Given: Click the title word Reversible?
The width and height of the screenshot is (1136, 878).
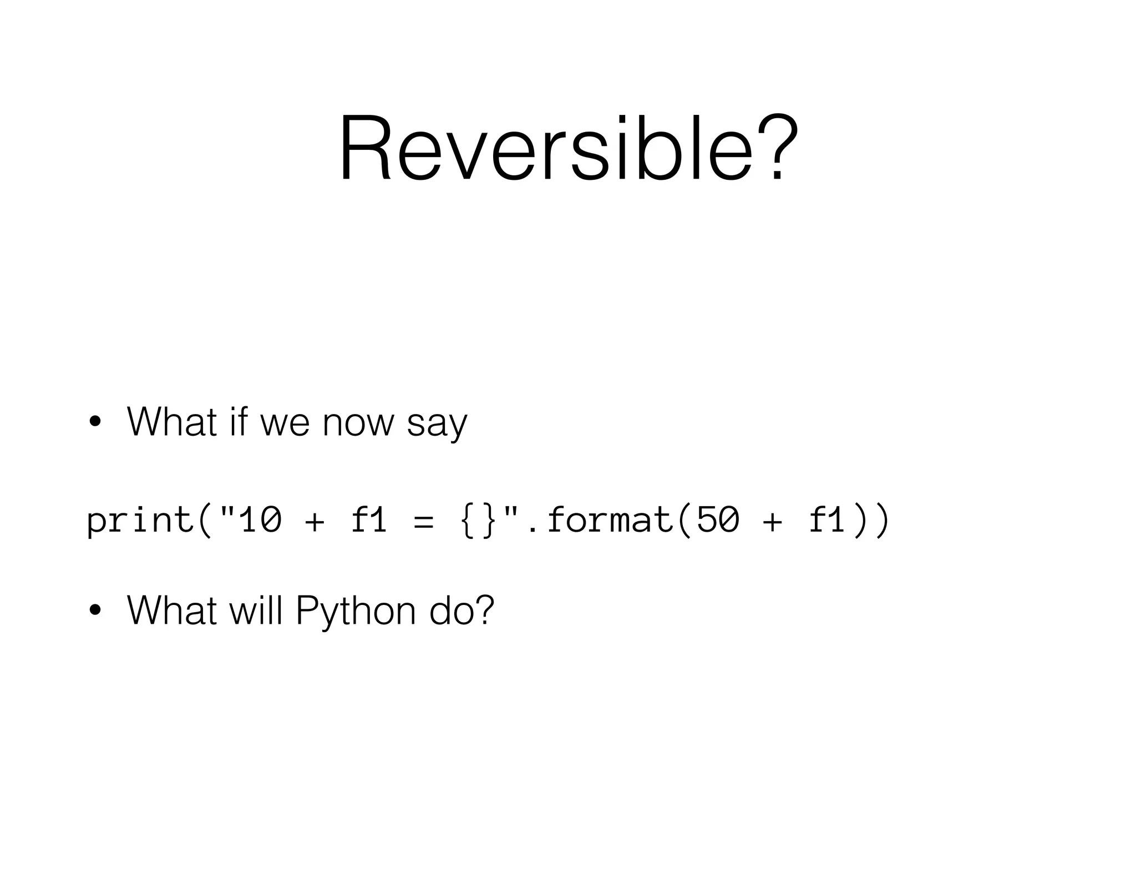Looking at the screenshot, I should click(x=569, y=149).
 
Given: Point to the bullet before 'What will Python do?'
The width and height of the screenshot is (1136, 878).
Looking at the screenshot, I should click(x=95, y=611).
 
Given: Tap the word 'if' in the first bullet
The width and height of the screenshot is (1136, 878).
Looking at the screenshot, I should click(x=237, y=422).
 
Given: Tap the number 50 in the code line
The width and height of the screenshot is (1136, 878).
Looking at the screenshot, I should click(x=718, y=521).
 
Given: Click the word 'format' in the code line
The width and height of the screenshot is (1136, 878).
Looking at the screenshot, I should click(x=610, y=521).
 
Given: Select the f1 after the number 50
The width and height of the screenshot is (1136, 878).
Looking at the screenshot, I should click(x=826, y=521).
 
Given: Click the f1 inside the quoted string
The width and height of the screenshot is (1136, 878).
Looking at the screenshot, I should click(x=369, y=521).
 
